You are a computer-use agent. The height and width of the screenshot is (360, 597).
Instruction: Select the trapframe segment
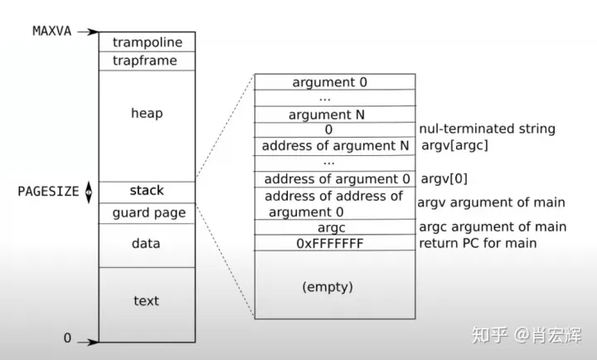(x=146, y=61)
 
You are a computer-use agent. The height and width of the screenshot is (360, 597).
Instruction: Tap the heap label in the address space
(x=146, y=113)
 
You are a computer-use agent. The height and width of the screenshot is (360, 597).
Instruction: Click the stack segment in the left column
(x=146, y=191)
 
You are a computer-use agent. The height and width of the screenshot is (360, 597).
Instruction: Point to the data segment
(x=146, y=244)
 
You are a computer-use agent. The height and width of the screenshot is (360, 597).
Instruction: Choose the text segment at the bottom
(x=146, y=300)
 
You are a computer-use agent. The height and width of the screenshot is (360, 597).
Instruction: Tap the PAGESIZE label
(x=48, y=191)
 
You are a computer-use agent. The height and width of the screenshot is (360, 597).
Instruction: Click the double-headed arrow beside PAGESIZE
(x=89, y=192)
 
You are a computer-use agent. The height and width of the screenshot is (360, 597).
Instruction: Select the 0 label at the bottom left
(x=68, y=338)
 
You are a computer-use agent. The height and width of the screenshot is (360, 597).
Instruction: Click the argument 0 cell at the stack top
(x=329, y=82)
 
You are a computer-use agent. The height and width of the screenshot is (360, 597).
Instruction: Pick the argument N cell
(x=329, y=114)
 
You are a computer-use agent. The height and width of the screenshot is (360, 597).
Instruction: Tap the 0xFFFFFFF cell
(x=329, y=243)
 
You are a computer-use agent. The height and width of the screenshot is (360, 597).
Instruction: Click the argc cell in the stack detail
(x=329, y=226)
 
